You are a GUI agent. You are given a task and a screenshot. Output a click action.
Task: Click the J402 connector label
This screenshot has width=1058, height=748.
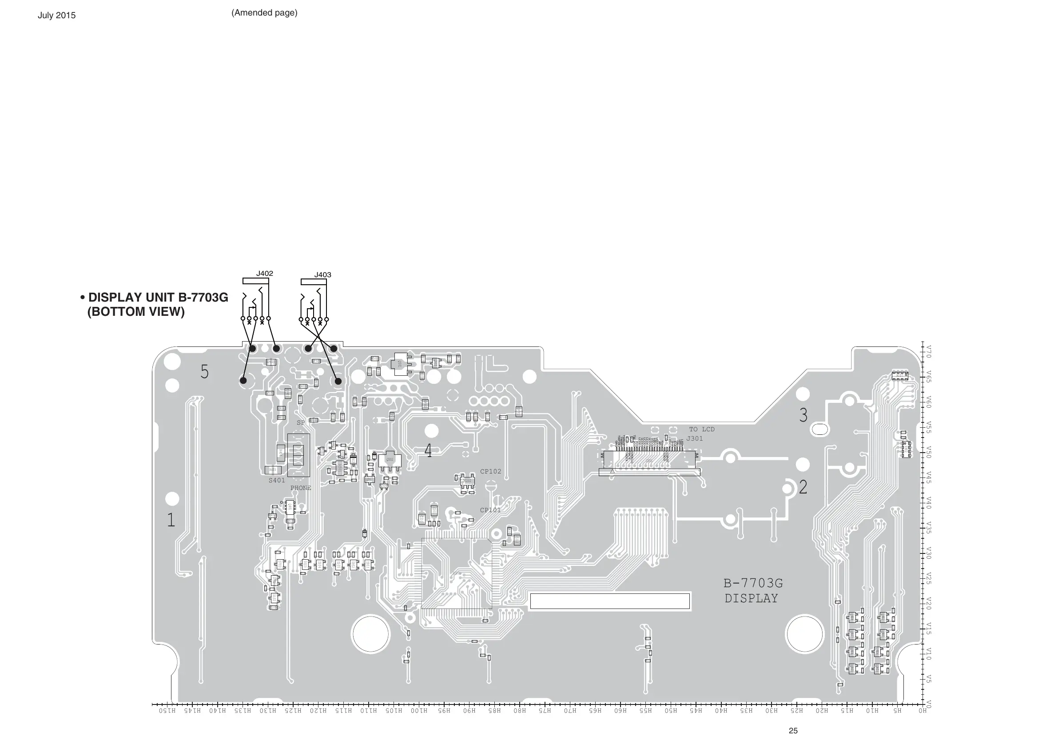265,273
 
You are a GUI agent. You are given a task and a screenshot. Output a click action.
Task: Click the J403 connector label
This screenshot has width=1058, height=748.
322,275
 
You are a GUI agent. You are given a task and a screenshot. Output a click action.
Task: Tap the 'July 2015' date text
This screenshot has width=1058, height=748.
57,15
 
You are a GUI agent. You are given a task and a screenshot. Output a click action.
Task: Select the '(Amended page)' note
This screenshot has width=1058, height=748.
264,13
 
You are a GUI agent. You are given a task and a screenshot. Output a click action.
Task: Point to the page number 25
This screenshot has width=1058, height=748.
793,731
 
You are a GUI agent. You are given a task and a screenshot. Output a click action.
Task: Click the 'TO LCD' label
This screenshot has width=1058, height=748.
702,429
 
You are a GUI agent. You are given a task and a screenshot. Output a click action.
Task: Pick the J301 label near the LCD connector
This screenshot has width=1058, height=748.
695,438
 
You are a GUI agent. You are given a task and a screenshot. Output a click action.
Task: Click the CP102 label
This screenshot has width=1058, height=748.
490,471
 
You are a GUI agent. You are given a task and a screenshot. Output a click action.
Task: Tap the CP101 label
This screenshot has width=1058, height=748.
490,510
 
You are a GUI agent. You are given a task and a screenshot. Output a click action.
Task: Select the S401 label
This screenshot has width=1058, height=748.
277,480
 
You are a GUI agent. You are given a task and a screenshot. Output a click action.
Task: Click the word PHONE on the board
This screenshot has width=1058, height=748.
300,488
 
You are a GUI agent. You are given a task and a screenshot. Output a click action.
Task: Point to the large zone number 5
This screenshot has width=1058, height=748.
205,371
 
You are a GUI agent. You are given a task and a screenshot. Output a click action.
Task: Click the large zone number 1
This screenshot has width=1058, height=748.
171,520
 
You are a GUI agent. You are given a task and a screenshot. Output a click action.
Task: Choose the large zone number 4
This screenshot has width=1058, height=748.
428,451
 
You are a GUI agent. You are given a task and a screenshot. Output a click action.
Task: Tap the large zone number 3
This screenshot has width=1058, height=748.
803,415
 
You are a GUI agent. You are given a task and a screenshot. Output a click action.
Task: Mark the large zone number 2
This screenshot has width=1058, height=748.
803,487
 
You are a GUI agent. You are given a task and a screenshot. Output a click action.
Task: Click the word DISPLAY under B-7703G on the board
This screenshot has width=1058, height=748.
751,599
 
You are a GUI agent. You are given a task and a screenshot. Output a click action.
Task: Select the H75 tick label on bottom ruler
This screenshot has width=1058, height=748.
545,711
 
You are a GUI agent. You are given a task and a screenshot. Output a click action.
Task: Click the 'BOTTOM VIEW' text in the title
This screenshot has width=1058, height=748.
136,312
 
